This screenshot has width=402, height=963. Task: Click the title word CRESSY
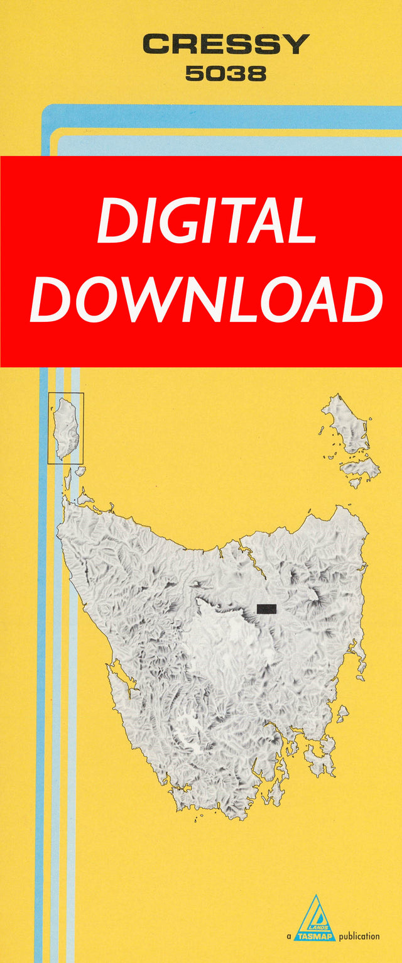click(x=225, y=45)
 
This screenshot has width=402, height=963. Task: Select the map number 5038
click(x=225, y=74)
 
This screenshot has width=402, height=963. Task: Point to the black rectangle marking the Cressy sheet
click(x=266, y=608)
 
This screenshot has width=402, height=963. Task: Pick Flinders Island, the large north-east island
click(x=345, y=424)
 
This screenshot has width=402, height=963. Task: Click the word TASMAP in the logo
click(x=317, y=935)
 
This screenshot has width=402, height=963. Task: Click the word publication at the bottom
click(x=359, y=937)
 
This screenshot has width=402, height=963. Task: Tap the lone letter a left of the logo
click(x=289, y=937)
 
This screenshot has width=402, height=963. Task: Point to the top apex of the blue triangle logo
click(x=316, y=896)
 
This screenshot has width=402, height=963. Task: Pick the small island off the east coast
click(x=343, y=713)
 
